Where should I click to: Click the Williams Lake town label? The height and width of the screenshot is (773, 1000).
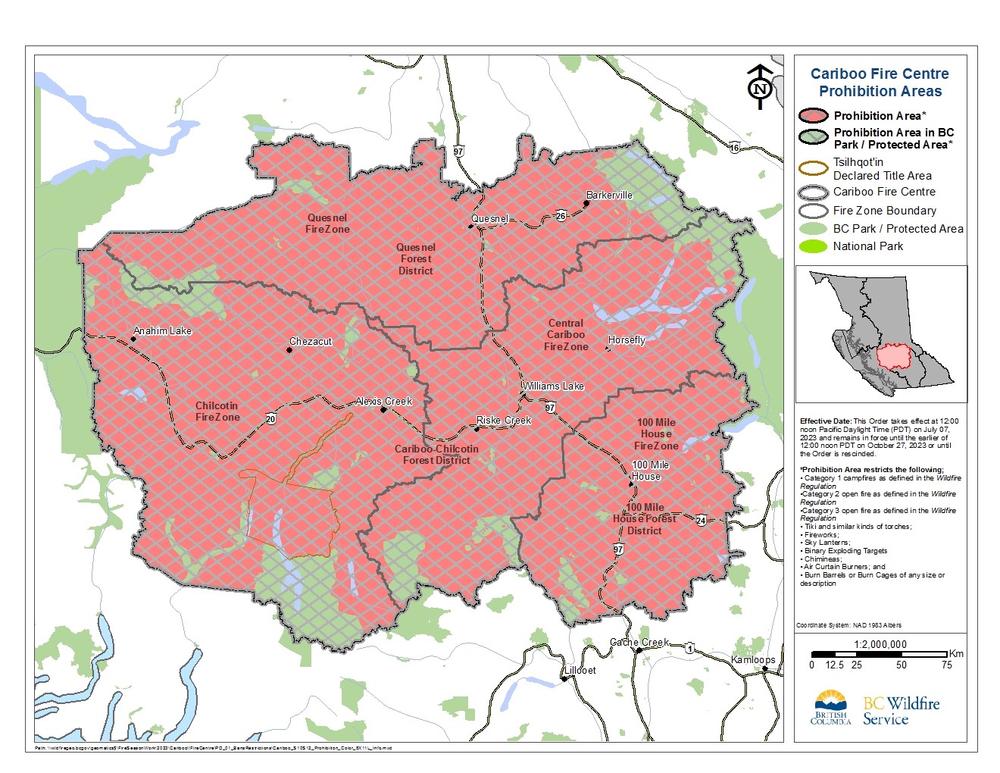click(x=553, y=386)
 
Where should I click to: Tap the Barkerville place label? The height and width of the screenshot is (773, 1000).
click(x=609, y=195)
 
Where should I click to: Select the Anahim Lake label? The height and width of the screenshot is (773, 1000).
click(x=162, y=330)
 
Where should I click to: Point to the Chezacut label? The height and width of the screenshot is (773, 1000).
click(x=311, y=341)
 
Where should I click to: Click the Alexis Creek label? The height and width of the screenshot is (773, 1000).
click(x=384, y=401)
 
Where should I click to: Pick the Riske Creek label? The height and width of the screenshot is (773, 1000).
click(x=504, y=420)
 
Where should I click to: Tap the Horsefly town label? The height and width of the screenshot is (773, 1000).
click(x=627, y=340)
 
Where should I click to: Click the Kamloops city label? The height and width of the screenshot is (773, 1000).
click(x=753, y=659)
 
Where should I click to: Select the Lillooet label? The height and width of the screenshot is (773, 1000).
click(x=580, y=670)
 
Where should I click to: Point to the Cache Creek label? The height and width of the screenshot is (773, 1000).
click(x=639, y=642)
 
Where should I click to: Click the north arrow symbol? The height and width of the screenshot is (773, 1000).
click(x=760, y=86)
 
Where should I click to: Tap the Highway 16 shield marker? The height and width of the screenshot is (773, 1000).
click(x=734, y=148)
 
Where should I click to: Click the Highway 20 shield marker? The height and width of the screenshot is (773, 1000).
click(x=270, y=418)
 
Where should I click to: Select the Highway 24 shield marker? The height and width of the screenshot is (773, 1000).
click(x=701, y=520)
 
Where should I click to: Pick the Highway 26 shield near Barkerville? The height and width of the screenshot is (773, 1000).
click(x=561, y=216)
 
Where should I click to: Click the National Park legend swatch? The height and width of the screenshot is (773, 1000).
click(x=813, y=246)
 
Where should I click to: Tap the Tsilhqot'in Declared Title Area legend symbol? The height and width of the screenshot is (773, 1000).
click(x=813, y=168)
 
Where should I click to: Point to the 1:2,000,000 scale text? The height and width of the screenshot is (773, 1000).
click(x=880, y=644)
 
